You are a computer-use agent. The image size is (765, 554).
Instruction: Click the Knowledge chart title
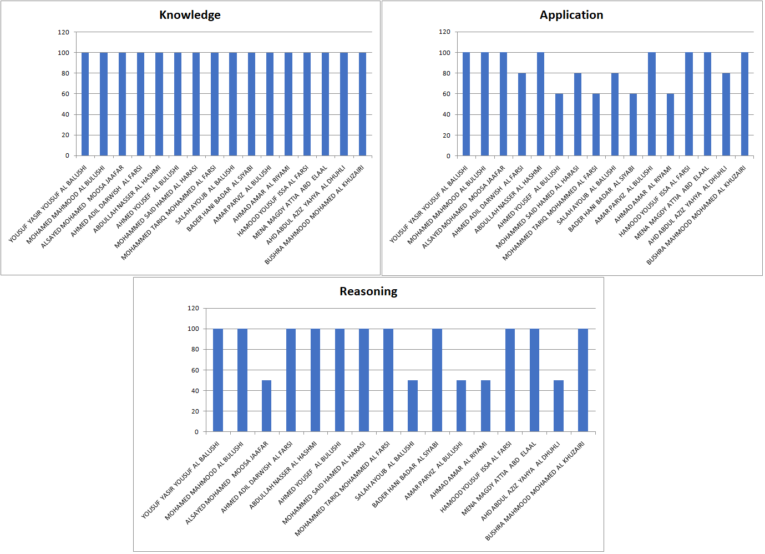pyautogui.click(x=190, y=15)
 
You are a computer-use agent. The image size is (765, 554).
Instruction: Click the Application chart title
pyautogui.click(x=571, y=15)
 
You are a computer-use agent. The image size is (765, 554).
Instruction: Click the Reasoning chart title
pyautogui.click(x=368, y=291)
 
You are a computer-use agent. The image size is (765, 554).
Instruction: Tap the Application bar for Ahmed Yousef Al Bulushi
pyautogui.click(x=559, y=125)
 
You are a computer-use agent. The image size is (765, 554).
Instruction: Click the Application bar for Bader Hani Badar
pyautogui.click(x=633, y=125)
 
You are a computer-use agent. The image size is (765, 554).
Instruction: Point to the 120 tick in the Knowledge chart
pyautogui.click(x=64, y=32)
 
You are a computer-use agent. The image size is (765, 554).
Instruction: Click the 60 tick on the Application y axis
pyautogui.click(x=447, y=94)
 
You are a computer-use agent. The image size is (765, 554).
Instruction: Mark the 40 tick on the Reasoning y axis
pyautogui.click(x=195, y=391)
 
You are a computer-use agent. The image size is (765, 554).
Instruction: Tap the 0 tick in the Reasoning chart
pyautogui.click(x=196, y=432)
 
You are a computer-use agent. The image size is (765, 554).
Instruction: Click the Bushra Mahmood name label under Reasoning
pyautogui.click(x=535, y=492)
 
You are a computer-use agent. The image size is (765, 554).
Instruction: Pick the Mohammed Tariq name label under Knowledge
pyautogui.click(x=169, y=212)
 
